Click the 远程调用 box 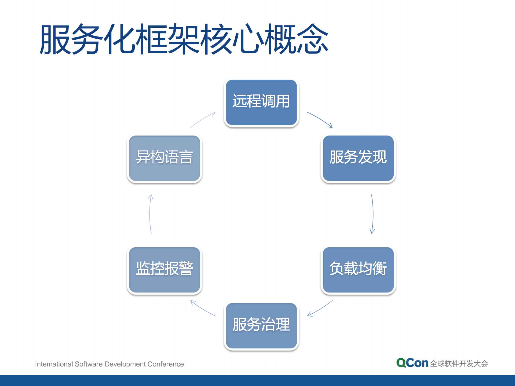point(261,102)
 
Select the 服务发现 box point(358,158)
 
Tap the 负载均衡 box point(358,270)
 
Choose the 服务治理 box point(261,325)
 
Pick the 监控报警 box point(164,270)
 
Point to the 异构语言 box point(164,158)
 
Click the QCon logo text point(412,363)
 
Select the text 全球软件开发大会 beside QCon point(459,363)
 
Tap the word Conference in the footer point(166,364)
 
